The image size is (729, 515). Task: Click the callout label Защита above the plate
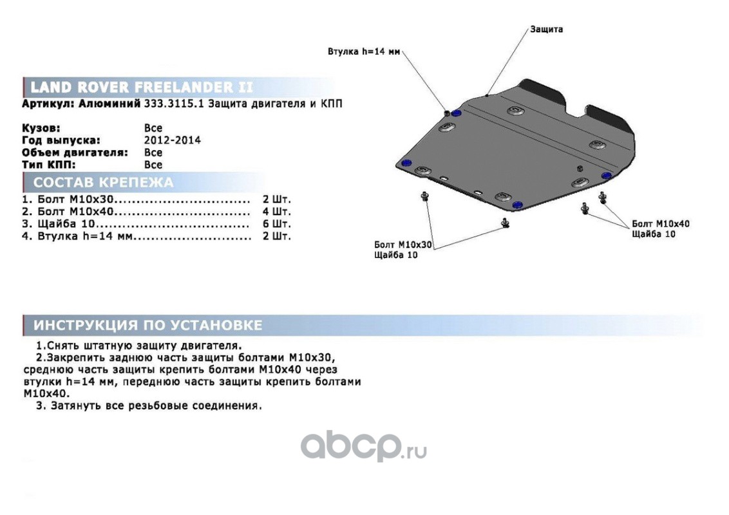point(546,29)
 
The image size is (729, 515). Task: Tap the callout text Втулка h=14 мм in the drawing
point(364,51)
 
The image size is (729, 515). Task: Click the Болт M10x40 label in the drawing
point(660,223)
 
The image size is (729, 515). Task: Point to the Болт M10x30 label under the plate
point(402,245)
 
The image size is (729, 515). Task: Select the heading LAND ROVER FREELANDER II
point(141,87)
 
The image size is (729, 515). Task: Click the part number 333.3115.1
point(173,104)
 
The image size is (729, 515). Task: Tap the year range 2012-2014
point(172,140)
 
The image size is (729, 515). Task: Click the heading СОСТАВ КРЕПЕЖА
point(103,182)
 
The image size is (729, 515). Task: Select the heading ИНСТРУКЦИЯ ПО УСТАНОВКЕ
point(148,325)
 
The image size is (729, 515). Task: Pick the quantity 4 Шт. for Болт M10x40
point(276,212)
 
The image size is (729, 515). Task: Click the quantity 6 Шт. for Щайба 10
point(276,223)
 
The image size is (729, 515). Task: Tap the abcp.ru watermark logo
point(364,445)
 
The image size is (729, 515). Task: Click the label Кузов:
point(41,128)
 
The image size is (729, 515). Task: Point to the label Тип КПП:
point(48,165)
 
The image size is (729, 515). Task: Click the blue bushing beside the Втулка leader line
point(456,113)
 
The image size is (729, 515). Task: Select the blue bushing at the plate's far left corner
point(406,163)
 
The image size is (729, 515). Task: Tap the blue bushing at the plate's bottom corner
point(516,205)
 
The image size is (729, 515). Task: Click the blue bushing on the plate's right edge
point(606,176)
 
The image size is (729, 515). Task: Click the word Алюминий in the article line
point(109,104)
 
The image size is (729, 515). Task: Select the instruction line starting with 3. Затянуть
point(149,406)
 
